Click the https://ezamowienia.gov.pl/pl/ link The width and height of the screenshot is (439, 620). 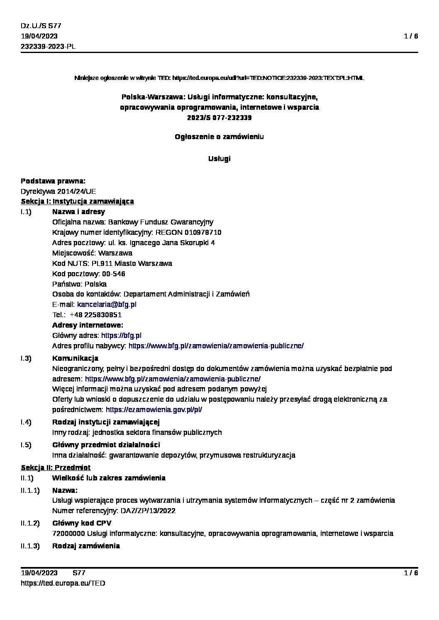click(x=154, y=410)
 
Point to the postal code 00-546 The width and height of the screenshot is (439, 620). click(x=113, y=274)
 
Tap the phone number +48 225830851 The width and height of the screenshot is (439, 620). click(x=95, y=315)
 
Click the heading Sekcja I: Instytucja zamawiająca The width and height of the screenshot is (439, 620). click(x=77, y=201)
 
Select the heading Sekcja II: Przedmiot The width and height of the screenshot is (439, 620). click(x=56, y=468)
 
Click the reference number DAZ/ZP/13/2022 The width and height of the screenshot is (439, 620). click(x=149, y=511)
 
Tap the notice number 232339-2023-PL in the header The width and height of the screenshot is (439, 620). click(x=48, y=47)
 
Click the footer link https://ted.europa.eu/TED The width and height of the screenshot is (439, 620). click(x=63, y=583)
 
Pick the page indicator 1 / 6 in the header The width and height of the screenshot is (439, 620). click(x=411, y=36)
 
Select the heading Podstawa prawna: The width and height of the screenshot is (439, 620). click(x=53, y=181)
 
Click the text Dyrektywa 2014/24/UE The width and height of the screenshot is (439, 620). click(x=58, y=191)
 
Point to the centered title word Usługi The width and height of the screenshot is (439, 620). click(x=219, y=159)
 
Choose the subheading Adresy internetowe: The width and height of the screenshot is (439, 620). click(x=88, y=325)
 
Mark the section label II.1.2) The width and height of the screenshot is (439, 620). click(x=30, y=523)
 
